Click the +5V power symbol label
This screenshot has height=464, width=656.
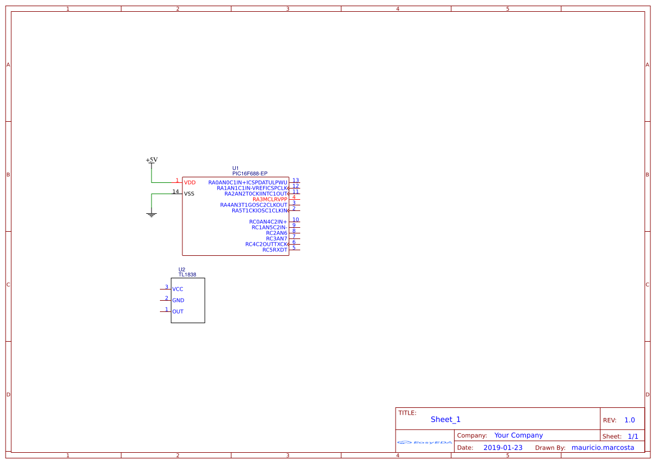(x=152, y=160)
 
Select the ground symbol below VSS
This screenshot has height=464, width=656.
(x=151, y=214)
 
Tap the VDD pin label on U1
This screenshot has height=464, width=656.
(x=190, y=182)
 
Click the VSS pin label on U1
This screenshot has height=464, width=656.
(x=189, y=194)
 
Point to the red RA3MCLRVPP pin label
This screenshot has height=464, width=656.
(x=269, y=199)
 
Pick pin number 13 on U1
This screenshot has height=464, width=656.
(x=295, y=181)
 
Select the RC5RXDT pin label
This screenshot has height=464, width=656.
(x=274, y=250)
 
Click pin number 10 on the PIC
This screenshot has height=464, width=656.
(x=295, y=220)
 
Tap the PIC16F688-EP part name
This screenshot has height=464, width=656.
(x=250, y=174)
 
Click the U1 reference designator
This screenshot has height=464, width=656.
(x=236, y=168)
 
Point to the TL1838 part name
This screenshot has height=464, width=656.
(x=187, y=275)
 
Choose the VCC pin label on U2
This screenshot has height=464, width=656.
(x=178, y=289)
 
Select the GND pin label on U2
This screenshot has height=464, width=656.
(x=178, y=300)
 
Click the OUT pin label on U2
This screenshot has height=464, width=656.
(x=178, y=311)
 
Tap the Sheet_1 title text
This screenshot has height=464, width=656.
(x=446, y=419)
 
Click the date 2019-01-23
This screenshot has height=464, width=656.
(x=503, y=448)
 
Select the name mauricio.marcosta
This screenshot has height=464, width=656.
(x=603, y=448)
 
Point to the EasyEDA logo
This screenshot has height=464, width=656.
(x=425, y=442)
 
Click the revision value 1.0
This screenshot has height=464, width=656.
(x=630, y=420)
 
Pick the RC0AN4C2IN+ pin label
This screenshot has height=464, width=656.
(x=268, y=222)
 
